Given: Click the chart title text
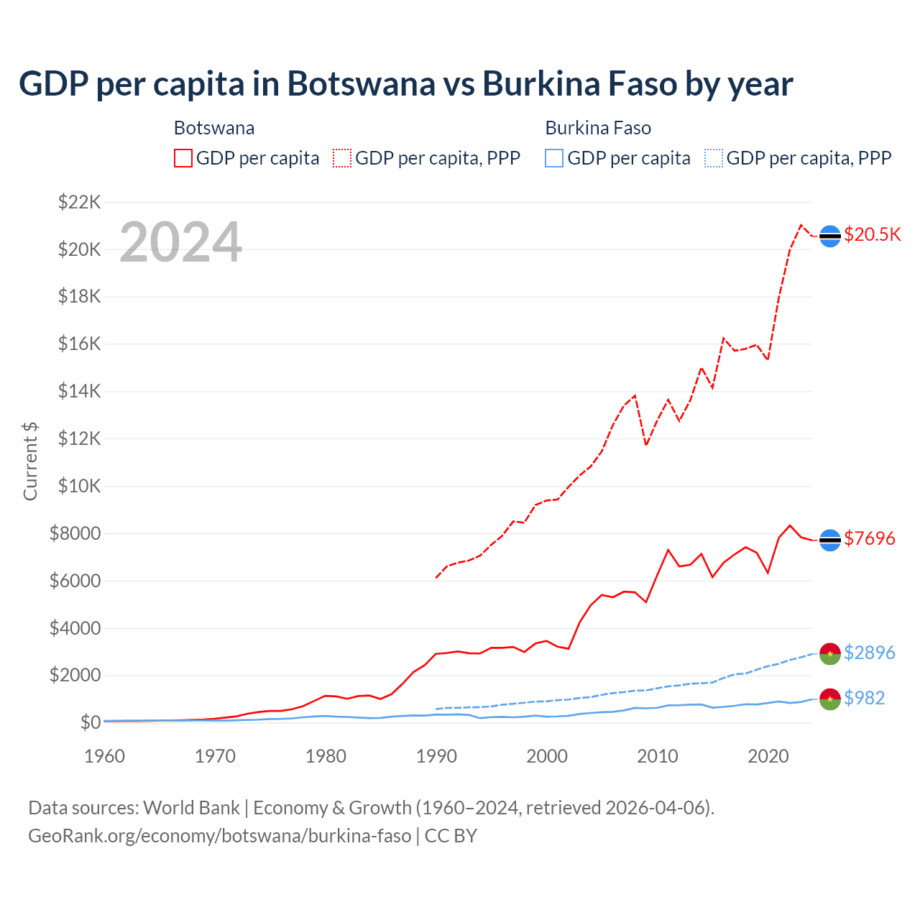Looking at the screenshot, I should click(406, 83).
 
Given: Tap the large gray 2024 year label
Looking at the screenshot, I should click(180, 242).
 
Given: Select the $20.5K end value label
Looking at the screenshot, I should click(872, 235).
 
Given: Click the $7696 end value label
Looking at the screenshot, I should click(870, 538).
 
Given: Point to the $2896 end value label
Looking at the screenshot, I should click(870, 653).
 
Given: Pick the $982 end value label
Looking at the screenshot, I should click(865, 698).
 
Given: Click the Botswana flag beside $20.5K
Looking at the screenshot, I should click(830, 236).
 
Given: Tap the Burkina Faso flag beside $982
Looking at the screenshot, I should click(830, 699).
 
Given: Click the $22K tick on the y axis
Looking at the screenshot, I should click(80, 202).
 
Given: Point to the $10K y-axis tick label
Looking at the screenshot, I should click(80, 486).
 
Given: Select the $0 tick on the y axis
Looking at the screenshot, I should click(90, 722).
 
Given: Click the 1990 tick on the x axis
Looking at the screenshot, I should click(436, 756).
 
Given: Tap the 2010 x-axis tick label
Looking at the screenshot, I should click(658, 756).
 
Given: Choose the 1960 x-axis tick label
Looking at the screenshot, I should click(105, 756).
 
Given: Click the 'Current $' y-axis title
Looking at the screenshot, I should click(30, 461).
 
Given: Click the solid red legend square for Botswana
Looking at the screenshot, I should click(183, 158).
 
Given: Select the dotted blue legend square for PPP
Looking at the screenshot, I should click(714, 158).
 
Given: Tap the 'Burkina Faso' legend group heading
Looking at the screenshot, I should click(598, 128).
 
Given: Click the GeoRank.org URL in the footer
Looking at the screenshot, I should click(220, 836).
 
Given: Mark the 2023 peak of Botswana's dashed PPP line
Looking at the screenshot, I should click(801, 225).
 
